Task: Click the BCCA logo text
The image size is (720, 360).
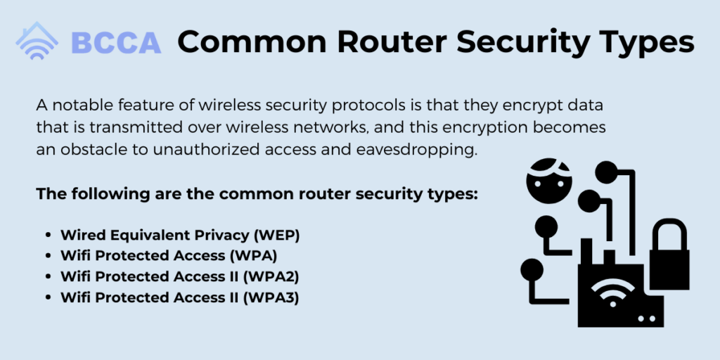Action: coord(116,43)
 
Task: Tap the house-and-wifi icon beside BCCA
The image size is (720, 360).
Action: coord(37,40)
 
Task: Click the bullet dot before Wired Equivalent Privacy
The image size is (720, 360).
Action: coord(49,236)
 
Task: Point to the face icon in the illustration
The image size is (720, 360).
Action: coord(549,181)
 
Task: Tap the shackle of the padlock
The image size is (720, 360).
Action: coord(669,233)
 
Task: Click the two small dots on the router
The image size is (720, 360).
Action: coord(645,319)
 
